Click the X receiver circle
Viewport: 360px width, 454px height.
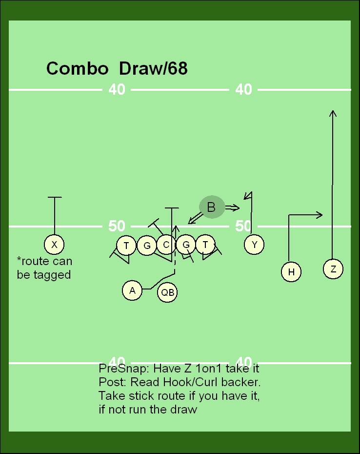54,245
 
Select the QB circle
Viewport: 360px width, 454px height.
167,292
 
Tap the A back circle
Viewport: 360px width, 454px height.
132,290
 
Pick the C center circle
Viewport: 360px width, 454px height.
166,245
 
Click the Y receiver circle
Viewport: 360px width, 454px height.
254,245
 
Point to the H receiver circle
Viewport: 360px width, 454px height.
291,272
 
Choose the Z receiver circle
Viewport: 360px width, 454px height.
333,269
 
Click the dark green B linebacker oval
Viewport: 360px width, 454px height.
211,207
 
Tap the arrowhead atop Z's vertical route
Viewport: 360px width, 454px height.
333,113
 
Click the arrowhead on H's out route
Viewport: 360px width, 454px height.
320,214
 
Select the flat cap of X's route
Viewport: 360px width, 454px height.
55,197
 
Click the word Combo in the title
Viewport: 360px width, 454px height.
77,68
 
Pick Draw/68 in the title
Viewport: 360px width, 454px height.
153,68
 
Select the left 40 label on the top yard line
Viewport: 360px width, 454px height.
117,89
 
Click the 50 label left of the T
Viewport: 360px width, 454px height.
117,226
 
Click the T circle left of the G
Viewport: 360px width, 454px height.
126,245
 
